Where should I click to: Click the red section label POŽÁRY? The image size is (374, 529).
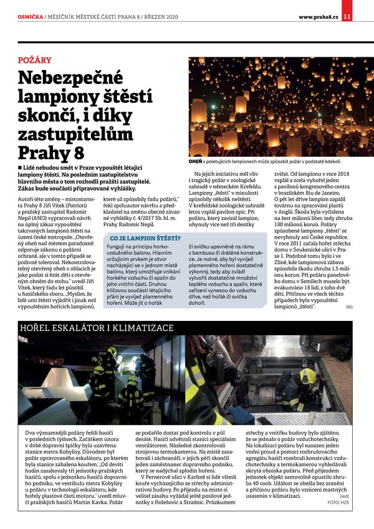(35, 60)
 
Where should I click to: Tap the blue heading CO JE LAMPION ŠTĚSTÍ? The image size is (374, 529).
(145, 238)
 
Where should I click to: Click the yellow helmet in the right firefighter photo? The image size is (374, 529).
(309, 376)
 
